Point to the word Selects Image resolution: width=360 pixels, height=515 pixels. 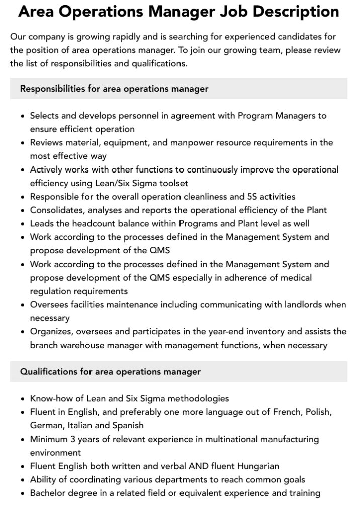point(45,115)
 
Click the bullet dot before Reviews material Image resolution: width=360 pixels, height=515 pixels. point(23,142)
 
